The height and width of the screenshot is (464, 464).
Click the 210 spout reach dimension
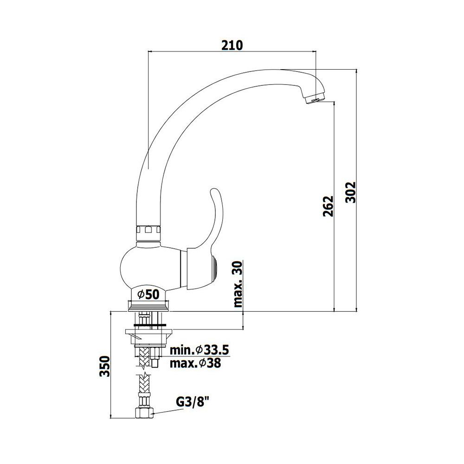pyautogui.click(x=232, y=45)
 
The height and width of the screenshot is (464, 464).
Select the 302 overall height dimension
pyautogui.click(x=351, y=192)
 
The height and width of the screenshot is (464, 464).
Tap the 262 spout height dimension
pyautogui.click(x=328, y=206)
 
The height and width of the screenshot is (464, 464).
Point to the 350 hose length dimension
pyautogui.click(x=104, y=366)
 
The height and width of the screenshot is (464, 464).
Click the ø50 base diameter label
pyautogui.click(x=148, y=295)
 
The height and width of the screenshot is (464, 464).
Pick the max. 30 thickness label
pyautogui.click(x=238, y=284)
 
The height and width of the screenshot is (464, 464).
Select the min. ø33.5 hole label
pyautogui.click(x=200, y=350)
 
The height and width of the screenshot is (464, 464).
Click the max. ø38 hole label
pyautogui.click(x=195, y=363)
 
